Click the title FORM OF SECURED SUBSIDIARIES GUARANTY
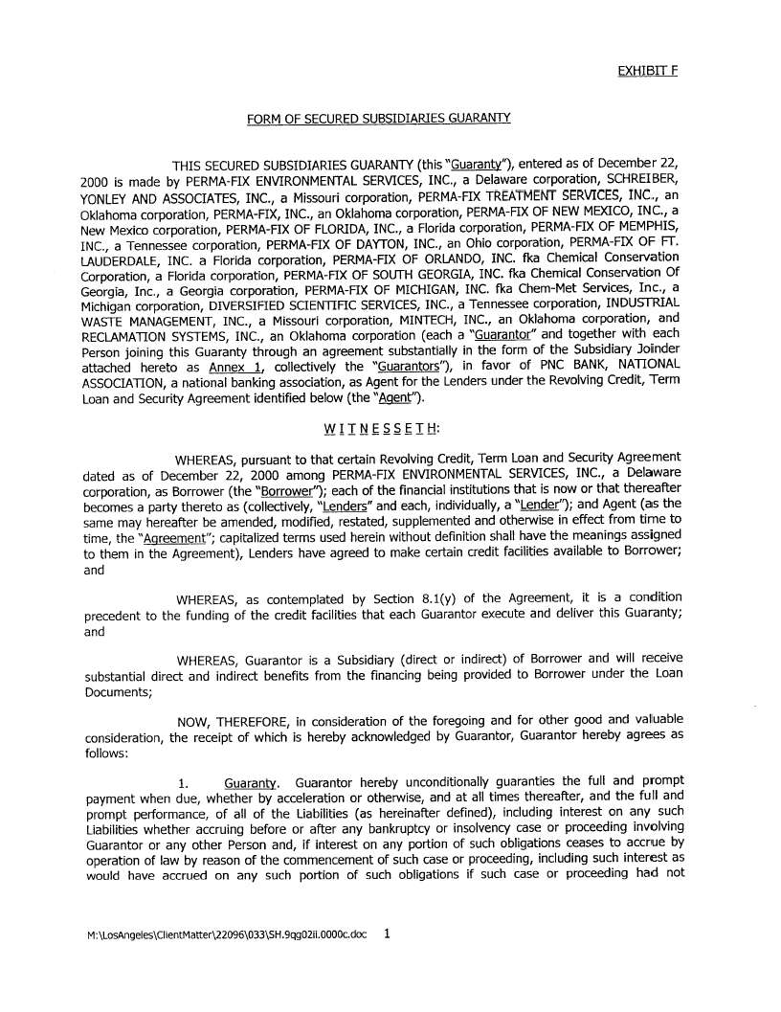[378, 119]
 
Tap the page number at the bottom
[387, 933]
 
